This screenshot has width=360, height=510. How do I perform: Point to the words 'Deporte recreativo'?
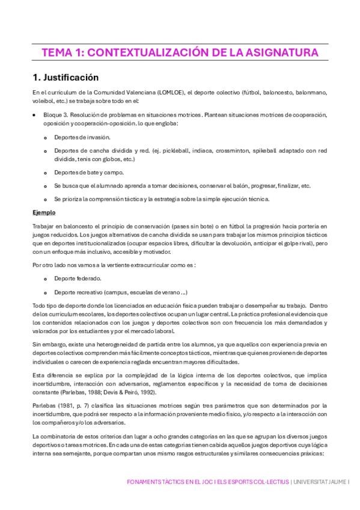[x=79, y=292]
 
